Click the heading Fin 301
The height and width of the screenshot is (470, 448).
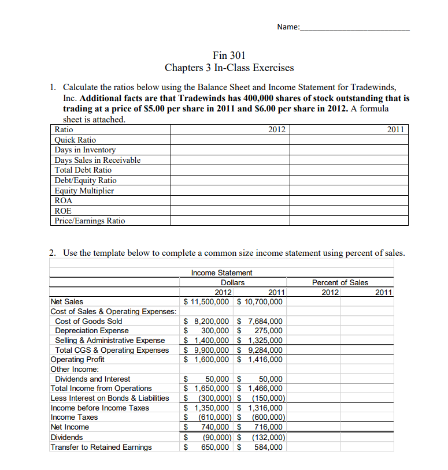229,55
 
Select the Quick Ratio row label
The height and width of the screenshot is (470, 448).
75,140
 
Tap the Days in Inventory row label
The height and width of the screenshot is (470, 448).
85,150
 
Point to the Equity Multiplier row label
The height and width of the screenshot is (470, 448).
84,191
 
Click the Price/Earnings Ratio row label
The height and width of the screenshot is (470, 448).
90,221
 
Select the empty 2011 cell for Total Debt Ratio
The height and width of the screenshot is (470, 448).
349,170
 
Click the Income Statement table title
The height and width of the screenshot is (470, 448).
221,273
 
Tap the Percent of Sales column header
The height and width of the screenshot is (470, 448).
339,282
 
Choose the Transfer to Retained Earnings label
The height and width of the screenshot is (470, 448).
101,447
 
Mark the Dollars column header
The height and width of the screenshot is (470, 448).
232,282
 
